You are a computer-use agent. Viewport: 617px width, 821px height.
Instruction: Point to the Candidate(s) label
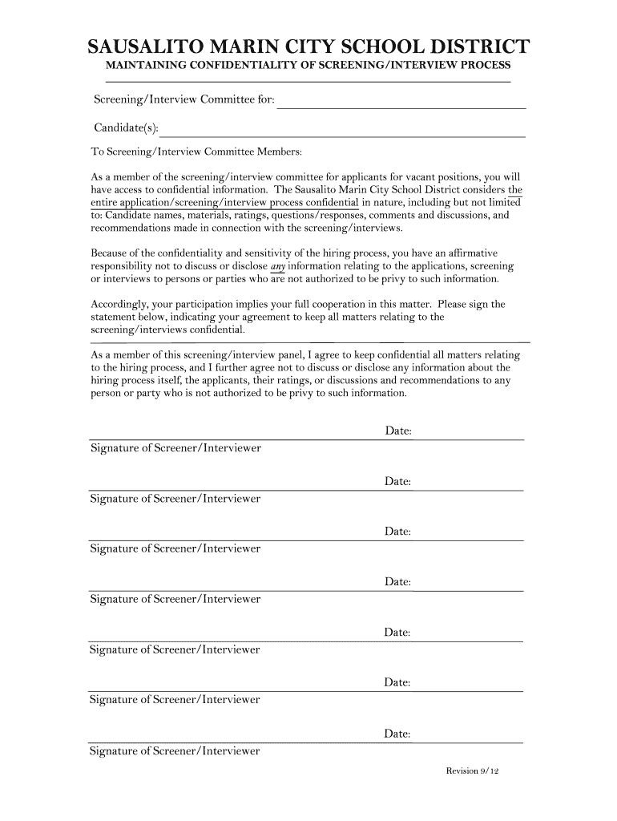coord(126,128)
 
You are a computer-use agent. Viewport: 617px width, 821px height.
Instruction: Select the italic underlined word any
coord(278,265)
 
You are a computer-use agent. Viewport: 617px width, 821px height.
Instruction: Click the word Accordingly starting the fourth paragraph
coord(119,305)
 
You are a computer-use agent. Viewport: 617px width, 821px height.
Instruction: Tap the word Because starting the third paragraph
coord(111,252)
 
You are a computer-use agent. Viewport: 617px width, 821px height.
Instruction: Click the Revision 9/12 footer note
coord(472,771)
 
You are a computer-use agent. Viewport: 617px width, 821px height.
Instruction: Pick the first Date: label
coord(398,432)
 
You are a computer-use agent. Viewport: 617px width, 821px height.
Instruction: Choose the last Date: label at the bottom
coord(398,734)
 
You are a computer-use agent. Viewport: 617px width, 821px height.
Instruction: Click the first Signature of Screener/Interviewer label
coord(175,448)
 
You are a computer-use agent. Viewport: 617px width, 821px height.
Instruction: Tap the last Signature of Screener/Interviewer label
coord(175,751)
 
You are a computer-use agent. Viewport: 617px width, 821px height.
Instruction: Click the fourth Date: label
coord(398,583)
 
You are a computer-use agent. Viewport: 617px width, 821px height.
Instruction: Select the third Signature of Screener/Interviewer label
coord(175,549)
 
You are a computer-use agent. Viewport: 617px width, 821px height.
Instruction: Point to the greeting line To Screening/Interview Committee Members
coord(197,152)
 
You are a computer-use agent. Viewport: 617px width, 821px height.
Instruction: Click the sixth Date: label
coord(398,683)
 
